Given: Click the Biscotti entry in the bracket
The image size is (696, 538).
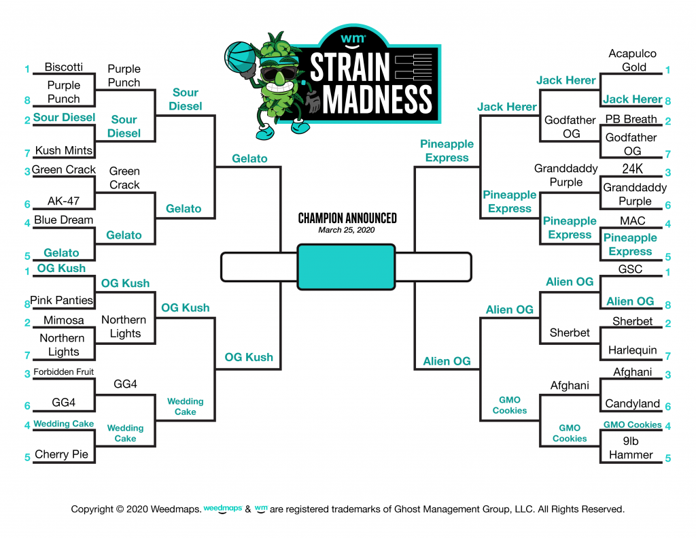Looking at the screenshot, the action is click(x=63, y=67).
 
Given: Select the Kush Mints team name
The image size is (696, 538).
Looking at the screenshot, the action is click(x=63, y=150).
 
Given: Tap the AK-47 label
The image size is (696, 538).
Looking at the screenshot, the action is click(x=63, y=201).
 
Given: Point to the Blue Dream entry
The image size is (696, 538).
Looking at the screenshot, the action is click(x=63, y=220).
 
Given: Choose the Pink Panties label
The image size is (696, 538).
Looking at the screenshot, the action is click(x=61, y=301).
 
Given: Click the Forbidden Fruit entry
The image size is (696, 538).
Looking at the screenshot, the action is click(x=63, y=372).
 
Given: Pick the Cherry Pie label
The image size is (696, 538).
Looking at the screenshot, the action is click(x=61, y=454).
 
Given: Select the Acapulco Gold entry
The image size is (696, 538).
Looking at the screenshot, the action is click(x=633, y=61).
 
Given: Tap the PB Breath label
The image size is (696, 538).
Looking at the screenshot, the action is click(x=631, y=119).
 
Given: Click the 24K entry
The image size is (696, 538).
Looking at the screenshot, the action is click(x=633, y=169).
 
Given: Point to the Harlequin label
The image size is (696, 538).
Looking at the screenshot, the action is click(x=633, y=350).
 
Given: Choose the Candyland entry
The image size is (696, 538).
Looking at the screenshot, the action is click(x=633, y=403).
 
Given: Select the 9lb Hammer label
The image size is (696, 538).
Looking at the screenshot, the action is click(x=631, y=448).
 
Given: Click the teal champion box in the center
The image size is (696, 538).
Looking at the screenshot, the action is click(x=346, y=267).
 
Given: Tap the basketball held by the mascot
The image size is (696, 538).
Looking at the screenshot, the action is click(x=240, y=56).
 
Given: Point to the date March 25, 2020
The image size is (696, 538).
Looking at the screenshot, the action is click(x=346, y=230).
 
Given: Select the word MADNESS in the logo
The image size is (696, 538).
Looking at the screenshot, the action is click(x=377, y=99).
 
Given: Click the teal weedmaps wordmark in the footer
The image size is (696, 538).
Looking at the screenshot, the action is click(x=223, y=509).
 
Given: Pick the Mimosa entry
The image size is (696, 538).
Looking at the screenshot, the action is click(x=63, y=320).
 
